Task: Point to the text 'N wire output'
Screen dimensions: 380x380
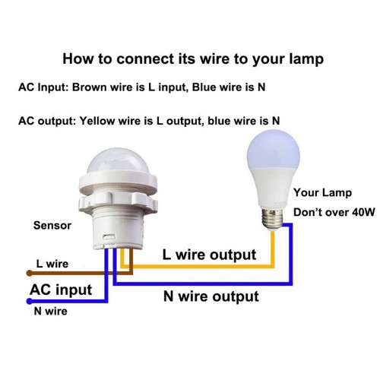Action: (x=211, y=296)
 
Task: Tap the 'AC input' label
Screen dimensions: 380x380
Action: (x=61, y=290)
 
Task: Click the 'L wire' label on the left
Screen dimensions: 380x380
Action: (x=52, y=264)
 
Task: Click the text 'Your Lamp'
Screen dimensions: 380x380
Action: (x=318, y=193)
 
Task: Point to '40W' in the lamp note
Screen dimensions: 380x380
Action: (x=360, y=213)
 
